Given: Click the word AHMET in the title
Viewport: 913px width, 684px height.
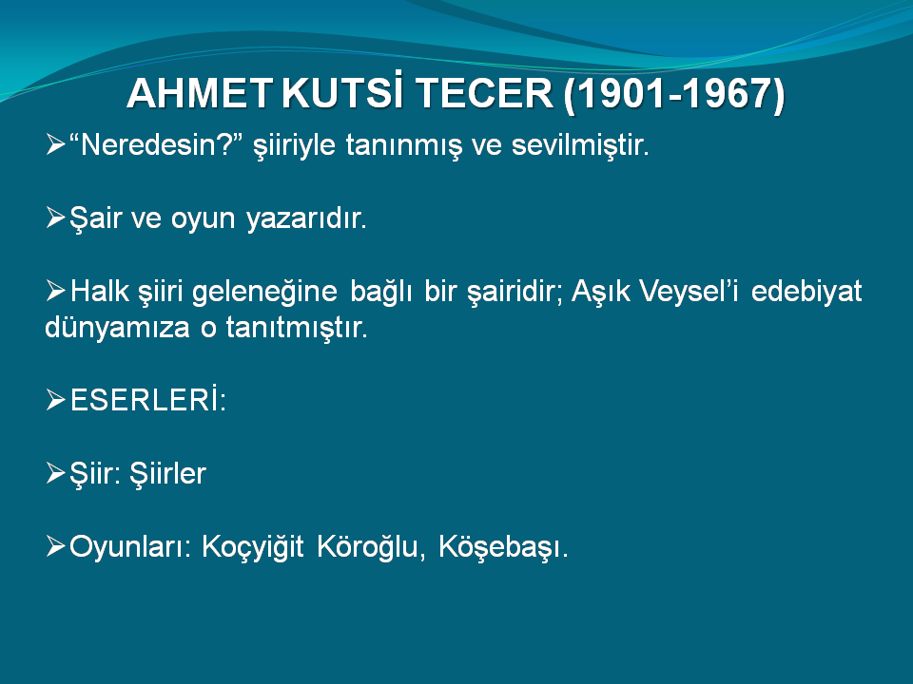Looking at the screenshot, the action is coord(200,93).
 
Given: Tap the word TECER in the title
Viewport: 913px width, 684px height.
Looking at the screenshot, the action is coord(484,93).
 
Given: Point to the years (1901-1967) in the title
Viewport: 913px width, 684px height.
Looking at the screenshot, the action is coord(674,94).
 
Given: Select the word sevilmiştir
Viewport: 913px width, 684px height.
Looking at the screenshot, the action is coord(580,144).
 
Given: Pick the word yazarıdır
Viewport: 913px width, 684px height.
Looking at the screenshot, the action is coord(306,219).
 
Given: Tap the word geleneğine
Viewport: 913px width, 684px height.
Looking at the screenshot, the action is coord(265,292).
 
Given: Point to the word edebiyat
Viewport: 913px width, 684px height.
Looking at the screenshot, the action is coord(806,292).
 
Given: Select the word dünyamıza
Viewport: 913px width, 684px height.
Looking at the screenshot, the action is coord(117,328).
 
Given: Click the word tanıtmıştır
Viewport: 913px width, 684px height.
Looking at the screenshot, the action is coord(297,328).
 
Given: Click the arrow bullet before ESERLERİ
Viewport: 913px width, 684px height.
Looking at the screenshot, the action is coord(55,400).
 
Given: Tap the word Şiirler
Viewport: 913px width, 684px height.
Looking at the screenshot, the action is coord(167,473).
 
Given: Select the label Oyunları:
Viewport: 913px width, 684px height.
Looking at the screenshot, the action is coord(130,548).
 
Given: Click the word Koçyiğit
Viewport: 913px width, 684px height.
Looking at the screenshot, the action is coord(253,548).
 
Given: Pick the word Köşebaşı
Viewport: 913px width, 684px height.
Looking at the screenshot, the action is coord(503,548).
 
